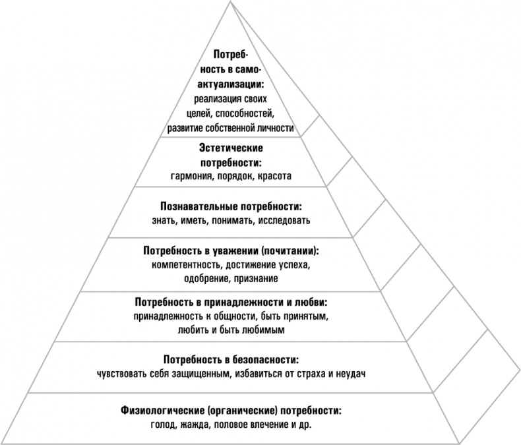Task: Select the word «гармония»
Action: click(194, 176)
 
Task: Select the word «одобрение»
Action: click(206, 279)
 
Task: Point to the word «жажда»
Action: click(191, 425)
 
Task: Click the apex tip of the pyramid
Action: click(231, 2)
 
